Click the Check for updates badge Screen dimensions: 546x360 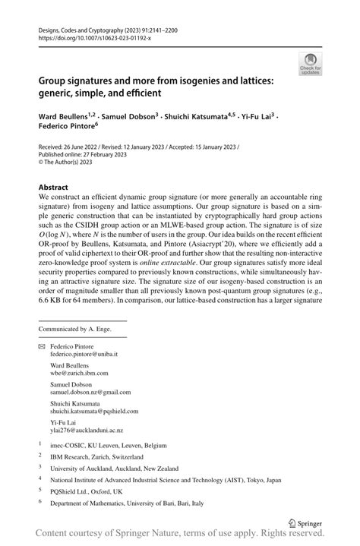click(x=310, y=63)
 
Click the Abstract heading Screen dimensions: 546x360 click(x=53, y=187)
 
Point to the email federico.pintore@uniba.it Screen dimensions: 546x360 click(x=84, y=354)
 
